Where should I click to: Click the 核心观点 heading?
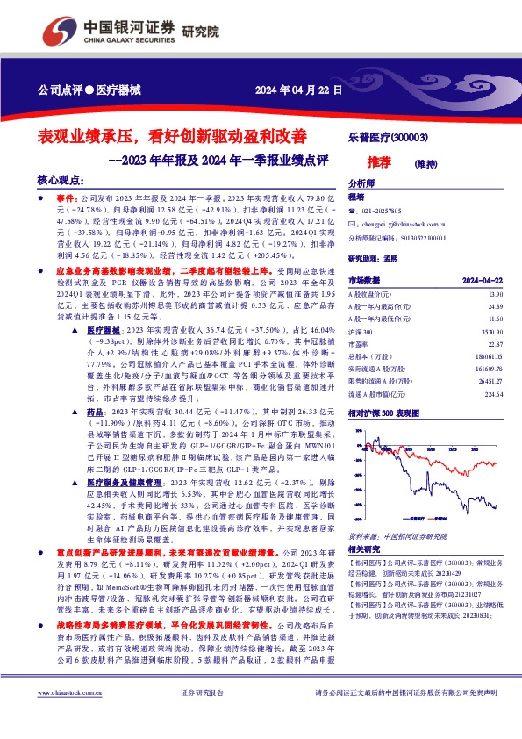tap(60, 179)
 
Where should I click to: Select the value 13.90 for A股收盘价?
tap(497, 293)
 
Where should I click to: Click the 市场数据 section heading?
tap(365, 279)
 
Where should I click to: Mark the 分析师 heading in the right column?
tap(361, 183)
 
